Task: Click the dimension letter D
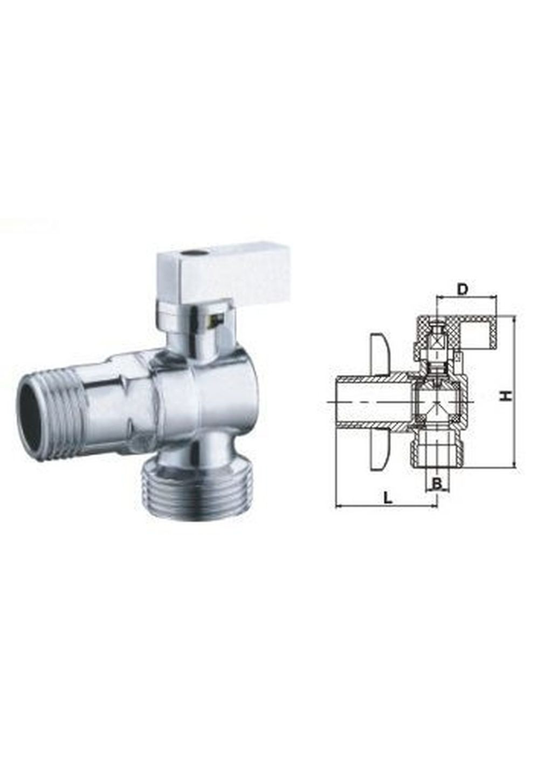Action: pyautogui.click(x=462, y=288)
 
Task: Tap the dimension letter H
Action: pyautogui.click(x=505, y=396)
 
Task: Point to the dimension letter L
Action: pyautogui.click(x=388, y=497)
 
